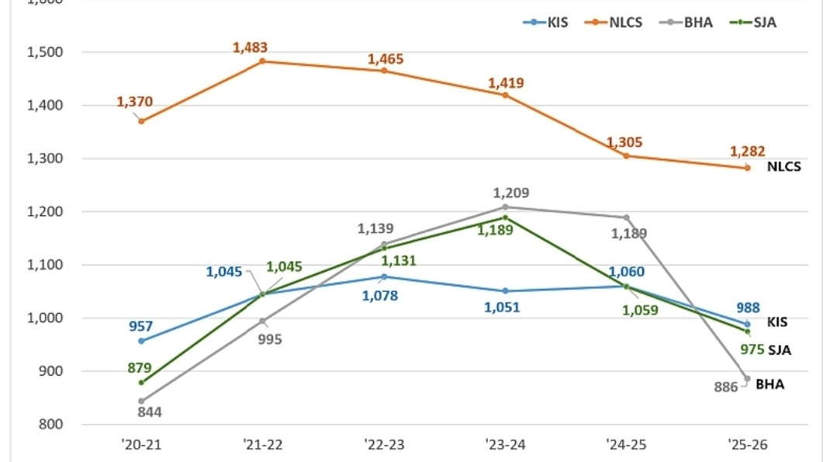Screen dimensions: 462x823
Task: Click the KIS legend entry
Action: click(546, 22)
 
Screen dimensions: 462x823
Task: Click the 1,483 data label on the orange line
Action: click(250, 47)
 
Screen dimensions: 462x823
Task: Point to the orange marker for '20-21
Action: click(141, 121)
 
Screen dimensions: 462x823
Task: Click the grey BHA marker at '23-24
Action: click(505, 207)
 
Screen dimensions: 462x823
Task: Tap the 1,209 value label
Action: click(511, 193)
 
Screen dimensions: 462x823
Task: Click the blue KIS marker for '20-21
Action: click(141, 341)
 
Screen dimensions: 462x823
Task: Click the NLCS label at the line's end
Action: click(783, 166)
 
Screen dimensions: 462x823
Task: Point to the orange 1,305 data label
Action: click(624, 142)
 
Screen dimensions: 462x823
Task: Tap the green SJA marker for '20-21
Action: click(141, 382)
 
